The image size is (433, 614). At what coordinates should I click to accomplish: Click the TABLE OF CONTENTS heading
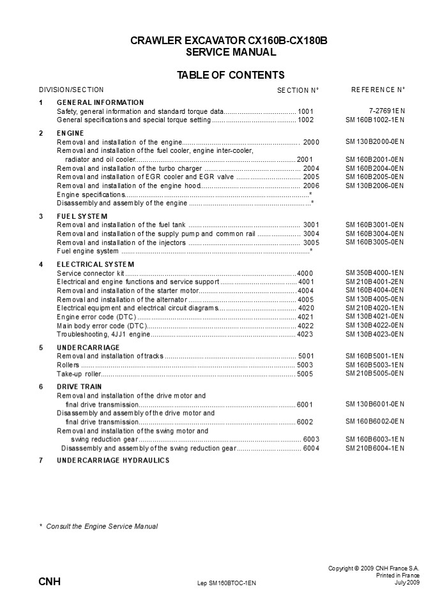pos(231,75)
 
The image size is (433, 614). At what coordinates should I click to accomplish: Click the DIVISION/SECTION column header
pos(71,90)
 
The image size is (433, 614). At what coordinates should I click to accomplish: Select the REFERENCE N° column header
pos(378,90)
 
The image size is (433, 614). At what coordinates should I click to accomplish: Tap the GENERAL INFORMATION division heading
pos(100,102)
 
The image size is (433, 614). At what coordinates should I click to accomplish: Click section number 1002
pos(306,120)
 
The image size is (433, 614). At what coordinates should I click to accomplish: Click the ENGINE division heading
pos(71,133)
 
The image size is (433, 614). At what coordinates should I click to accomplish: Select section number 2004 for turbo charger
pos(311,168)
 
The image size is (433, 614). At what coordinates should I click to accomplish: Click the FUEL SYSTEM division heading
pos(82,216)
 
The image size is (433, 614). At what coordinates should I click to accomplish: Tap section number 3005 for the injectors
pos(311,243)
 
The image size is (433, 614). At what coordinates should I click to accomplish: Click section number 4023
pos(305,334)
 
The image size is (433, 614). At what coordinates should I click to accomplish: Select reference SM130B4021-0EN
pos(375,317)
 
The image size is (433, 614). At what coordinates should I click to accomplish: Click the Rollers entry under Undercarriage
pos(68,365)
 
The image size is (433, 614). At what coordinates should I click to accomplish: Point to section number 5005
pos(305,374)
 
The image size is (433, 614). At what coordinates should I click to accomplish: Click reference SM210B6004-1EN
pos(375,448)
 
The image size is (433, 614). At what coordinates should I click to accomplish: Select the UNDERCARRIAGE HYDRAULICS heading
pos(113,460)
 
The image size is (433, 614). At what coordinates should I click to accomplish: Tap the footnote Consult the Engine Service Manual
pos(102,526)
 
